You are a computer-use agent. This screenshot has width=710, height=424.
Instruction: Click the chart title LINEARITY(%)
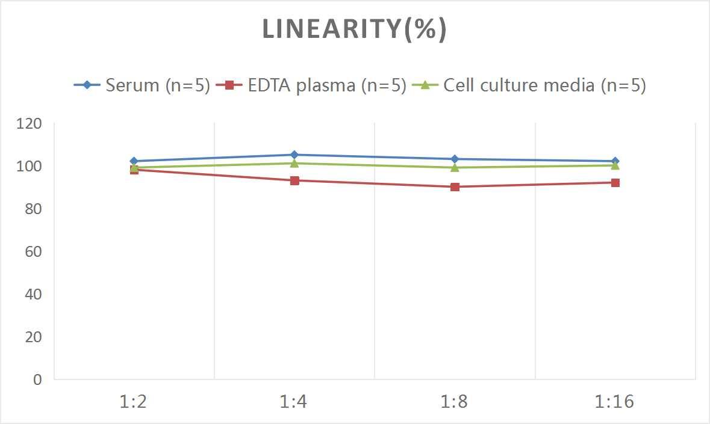[355, 29]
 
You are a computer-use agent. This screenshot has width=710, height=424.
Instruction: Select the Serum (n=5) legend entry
[142, 85]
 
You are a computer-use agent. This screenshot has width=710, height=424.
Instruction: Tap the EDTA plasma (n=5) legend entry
[311, 85]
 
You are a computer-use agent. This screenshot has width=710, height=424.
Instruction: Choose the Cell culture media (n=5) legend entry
[529, 85]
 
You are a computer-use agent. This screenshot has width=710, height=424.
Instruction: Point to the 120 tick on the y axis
[30, 124]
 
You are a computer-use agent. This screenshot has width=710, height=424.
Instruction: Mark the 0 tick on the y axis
[37, 379]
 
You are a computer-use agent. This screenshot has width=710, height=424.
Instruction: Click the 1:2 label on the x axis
[134, 402]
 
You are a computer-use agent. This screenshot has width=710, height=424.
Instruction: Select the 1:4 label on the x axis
[294, 402]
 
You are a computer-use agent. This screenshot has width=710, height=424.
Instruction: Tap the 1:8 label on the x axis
[455, 402]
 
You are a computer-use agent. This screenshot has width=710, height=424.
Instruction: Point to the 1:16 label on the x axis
[615, 402]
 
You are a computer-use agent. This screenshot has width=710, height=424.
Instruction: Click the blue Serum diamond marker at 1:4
[294, 155]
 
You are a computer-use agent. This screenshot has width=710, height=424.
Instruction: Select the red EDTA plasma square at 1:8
[455, 187]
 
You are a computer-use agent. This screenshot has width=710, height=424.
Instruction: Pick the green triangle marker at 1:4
[294, 163]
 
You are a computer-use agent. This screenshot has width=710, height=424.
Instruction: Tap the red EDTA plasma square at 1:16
[615, 183]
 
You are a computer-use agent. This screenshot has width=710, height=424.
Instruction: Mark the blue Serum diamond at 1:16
[615, 161]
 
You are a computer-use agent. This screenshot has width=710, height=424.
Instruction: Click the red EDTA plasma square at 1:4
[294, 180]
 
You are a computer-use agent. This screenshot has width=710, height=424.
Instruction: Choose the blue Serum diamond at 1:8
[455, 159]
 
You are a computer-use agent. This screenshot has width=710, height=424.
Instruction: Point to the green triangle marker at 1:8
[455, 167]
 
